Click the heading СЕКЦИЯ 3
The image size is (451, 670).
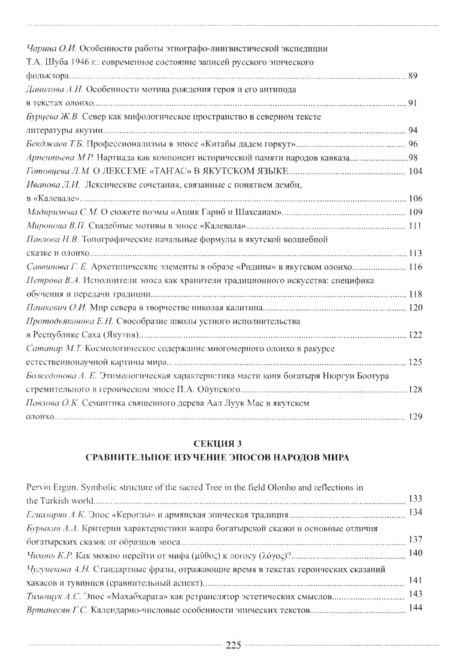click(218, 443)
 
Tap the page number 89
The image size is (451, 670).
click(413, 76)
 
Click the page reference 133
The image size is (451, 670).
click(415, 498)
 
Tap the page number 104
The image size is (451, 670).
click(415, 171)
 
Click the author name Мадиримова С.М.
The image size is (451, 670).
click(62, 212)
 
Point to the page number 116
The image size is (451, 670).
click(415, 267)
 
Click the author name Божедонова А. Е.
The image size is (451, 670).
click(61, 376)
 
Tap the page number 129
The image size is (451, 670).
click(415, 416)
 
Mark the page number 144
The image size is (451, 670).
click(415, 607)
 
